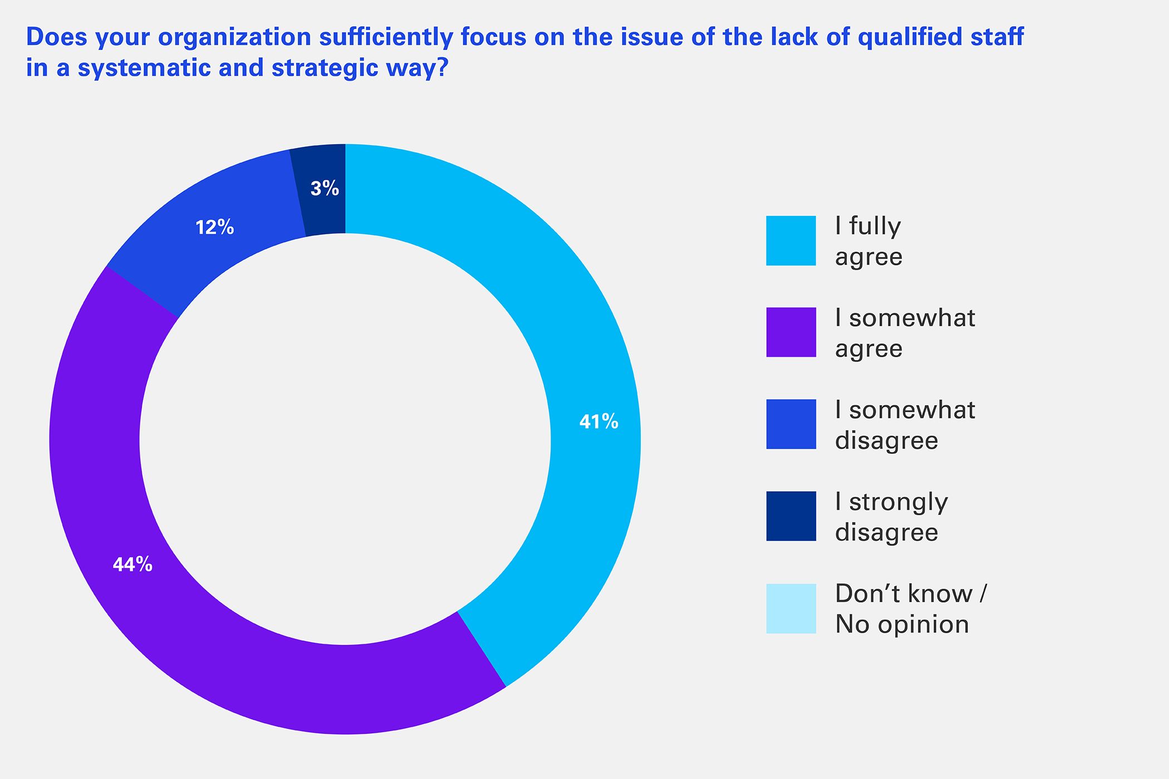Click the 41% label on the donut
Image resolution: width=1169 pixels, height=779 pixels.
[598, 422]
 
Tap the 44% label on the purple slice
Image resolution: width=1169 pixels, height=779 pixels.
[132, 565]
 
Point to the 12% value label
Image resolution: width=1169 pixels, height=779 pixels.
[215, 227]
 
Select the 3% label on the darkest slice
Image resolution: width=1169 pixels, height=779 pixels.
[325, 189]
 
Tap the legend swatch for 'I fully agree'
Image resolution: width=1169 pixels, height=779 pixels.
[790, 240]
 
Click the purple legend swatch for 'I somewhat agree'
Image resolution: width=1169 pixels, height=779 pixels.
[790, 332]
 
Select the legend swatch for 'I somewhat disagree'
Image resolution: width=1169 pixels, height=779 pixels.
[790, 424]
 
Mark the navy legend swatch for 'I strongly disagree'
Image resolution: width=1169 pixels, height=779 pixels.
[790, 516]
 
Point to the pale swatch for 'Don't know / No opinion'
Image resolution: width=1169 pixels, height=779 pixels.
[790, 608]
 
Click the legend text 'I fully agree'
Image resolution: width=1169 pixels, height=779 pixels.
[868, 241]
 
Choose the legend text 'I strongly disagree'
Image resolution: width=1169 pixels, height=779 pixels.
[891, 517]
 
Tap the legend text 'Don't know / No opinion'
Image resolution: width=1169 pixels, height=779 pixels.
[910, 609]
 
